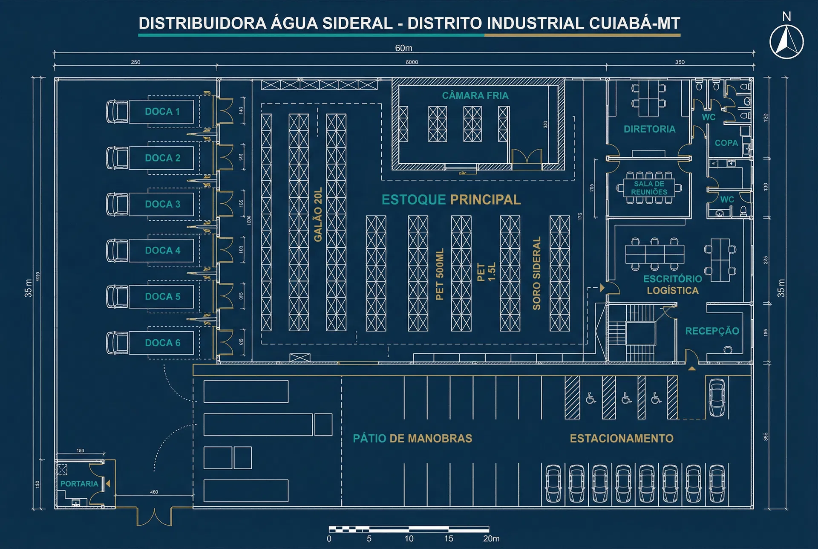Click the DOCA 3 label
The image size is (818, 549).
point(162,204)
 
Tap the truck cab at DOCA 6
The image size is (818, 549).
point(117,343)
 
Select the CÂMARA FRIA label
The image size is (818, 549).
point(475,95)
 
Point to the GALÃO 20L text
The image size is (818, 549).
point(318,214)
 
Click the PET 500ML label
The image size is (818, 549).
point(440,274)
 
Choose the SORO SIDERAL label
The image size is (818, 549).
point(536,273)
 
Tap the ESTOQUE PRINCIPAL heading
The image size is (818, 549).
point(451,199)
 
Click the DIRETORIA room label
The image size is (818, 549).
point(649,129)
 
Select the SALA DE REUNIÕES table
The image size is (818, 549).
point(649,188)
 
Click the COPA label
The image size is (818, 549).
point(726,143)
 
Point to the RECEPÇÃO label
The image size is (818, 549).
point(712,331)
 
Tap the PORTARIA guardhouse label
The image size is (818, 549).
point(79,484)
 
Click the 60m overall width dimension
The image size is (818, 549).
point(403,48)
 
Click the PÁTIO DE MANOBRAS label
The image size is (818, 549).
point(412,439)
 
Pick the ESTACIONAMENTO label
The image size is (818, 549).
point(621,439)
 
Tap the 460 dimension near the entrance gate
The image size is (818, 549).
point(154,492)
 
